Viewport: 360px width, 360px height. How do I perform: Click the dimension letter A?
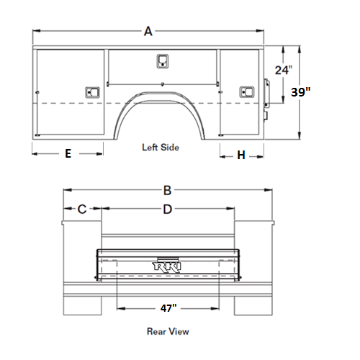[148, 31]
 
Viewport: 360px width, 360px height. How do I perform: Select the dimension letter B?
[167, 190]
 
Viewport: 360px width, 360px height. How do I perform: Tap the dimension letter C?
[82, 209]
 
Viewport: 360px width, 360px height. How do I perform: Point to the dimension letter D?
[168, 210]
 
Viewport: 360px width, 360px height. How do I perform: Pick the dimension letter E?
[68, 153]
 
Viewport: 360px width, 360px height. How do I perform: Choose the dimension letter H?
[241, 155]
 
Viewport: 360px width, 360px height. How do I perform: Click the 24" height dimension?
[284, 70]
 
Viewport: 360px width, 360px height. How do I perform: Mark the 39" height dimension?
[301, 92]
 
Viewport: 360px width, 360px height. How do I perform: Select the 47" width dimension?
[168, 308]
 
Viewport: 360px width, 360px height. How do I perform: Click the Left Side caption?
[161, 148]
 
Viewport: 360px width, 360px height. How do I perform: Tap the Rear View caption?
[168, 331]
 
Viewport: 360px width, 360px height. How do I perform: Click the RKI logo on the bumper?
[167, 267]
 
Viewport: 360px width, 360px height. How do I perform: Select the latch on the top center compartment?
[163, 61]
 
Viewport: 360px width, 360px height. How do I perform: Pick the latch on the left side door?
[92, 92]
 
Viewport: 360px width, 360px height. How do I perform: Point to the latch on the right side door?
[247, 92]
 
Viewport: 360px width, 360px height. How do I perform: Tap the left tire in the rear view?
[83, 306]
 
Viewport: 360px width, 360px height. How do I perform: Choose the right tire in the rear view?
[253, 306]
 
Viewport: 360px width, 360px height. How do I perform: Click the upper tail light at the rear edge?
[266, 93]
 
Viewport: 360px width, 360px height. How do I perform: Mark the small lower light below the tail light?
[266, 116]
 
